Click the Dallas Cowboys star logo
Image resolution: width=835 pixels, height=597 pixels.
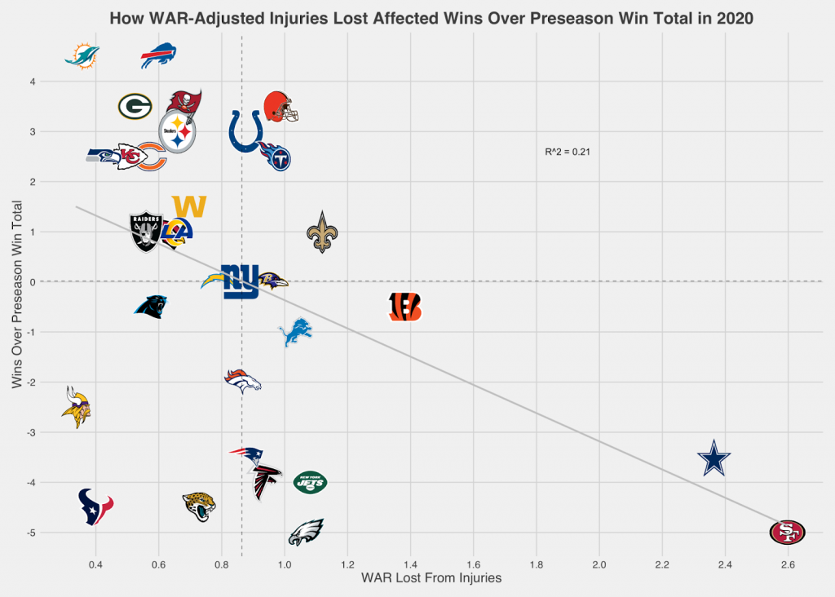click(x=714, y=459)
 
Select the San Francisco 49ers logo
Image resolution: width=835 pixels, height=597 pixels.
click(x=787, y=533)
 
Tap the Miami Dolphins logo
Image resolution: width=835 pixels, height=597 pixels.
click(x=82, y=56)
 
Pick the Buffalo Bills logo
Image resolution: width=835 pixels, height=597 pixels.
click(x=158, y=56)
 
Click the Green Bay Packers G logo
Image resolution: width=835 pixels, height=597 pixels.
click(x=135, y=106)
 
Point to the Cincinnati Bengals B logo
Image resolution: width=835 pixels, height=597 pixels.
click(x=404, y=306)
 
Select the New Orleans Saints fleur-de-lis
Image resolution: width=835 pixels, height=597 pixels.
click(x=320, y=232)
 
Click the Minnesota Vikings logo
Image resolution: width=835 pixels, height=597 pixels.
click(x=77, y=407)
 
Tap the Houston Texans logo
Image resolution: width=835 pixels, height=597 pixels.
click(x=95, y=506)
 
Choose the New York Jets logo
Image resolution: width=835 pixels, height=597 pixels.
click(x=310, y=482)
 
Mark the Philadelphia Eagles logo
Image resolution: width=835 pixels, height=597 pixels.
click(x=306, y=532)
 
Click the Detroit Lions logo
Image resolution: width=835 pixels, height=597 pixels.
click(x=295, y=332)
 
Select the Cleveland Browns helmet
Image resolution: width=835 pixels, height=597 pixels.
click(x=281, y=107)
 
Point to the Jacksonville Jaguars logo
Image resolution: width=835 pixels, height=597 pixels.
click(x=199, y=506)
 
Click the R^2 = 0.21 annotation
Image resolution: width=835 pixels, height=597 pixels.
click(x=567, y=152)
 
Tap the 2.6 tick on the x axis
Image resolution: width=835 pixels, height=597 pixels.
click(x=787, y=564)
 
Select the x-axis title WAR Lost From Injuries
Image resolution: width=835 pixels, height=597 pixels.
click(x=431, y=578)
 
